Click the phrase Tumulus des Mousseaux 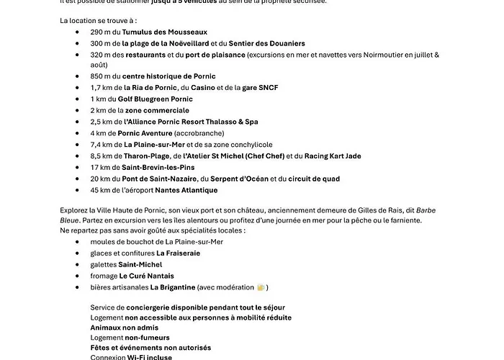tap(165, 32)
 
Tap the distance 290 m tap(100, 32)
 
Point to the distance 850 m tap(100, 76)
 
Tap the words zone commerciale tap(157, 110)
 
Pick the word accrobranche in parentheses tap(183, 133)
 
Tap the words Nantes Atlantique tap(186, 190)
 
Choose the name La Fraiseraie tap(178, 253)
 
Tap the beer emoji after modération tap(261, 287)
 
